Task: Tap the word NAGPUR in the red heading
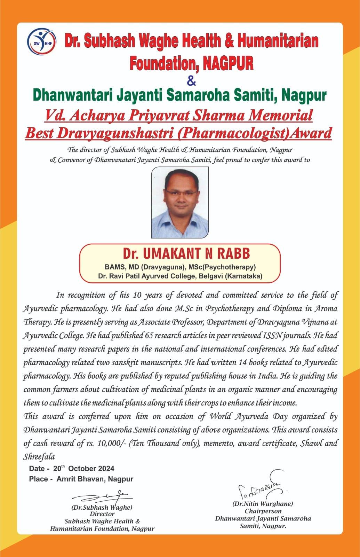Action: pyautogui.click(x=228, y=63)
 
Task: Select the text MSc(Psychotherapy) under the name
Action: pyautogui.click(x=226, y=267)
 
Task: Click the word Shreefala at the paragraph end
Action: pyautogui.click(x=39, y=456)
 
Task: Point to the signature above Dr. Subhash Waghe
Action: pyautogui.click(x=103, y=496)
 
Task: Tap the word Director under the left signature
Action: pyautogui.click(x=102, y=514)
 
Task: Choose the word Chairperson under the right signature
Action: pyautogui.click(x=263, y=511)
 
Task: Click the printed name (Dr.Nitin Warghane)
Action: pyautogui.click(x=263, y=503)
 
